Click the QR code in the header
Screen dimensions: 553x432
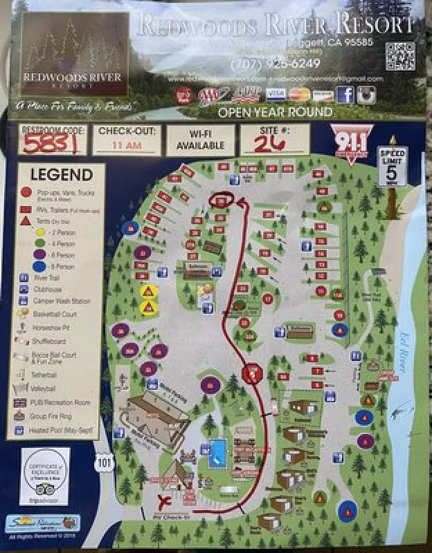point(399,55)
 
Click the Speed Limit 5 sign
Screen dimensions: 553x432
point(392,167)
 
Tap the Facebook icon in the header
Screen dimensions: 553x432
point(345,95)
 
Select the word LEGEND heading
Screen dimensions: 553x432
point(60,175)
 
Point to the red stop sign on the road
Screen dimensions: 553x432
point(251,373)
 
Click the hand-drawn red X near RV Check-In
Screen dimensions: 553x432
point(166,500)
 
